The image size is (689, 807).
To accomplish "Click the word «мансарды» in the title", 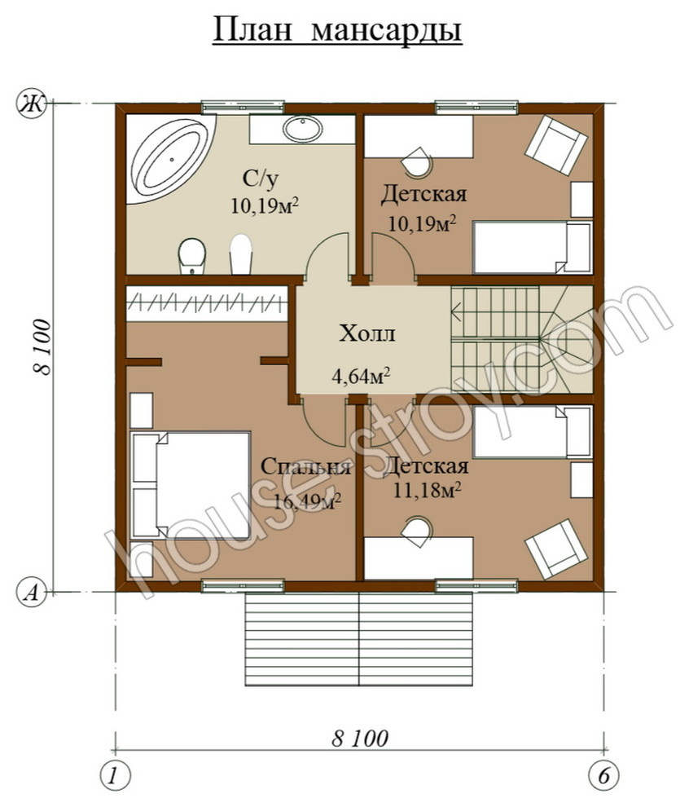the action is [386, 30].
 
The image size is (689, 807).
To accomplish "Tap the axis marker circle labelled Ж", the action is [33, 104].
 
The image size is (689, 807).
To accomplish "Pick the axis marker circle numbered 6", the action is [603, 775].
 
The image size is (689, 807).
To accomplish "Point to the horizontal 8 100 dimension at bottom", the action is [360, 739].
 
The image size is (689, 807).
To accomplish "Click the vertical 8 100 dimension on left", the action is [43, 347].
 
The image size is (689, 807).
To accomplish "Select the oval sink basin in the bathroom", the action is [302, 129].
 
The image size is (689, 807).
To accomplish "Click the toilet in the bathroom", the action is [191, 256].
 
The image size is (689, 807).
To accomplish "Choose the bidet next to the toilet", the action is [240, 254].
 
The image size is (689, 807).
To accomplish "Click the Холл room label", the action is [366, 333].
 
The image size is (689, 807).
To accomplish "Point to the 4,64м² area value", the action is [360, 377].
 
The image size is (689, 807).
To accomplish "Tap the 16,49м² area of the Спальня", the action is [308, 501].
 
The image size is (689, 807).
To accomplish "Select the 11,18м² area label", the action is [426, 490].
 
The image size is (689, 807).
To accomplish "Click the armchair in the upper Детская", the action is [555, 144].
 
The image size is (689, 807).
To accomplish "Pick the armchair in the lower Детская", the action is [555, 549].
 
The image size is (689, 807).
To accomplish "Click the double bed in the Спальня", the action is [191, 485].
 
